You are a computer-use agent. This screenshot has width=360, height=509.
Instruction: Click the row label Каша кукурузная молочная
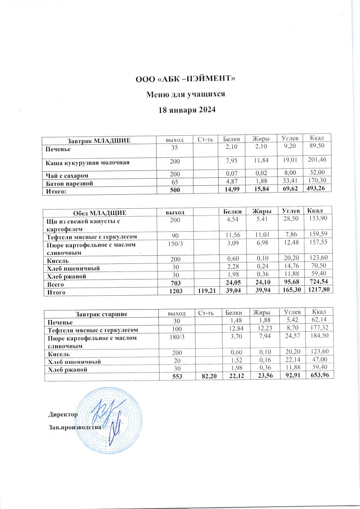point(88,162)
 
